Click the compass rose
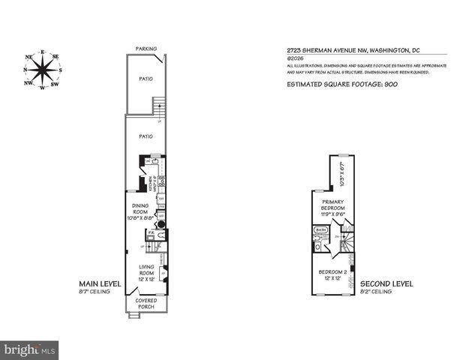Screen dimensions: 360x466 click(43, 68)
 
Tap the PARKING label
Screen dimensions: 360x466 click(146, 49)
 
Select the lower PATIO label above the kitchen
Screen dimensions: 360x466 click(146, 136)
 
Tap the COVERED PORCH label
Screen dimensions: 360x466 click(146, 304)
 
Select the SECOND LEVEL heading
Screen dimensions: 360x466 click(387, 283)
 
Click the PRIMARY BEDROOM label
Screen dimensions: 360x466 click(332, 205)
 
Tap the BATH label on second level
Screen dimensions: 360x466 click(321, 231)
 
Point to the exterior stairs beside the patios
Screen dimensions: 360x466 click(159, 107)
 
